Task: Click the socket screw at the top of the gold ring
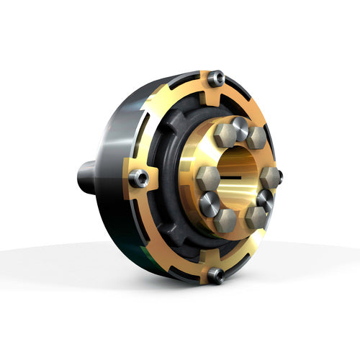(215, 78)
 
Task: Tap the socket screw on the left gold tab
(138, 178)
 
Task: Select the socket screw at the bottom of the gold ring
(215, 274)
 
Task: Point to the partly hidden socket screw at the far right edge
(279, 175)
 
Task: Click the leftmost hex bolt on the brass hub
(208, 176)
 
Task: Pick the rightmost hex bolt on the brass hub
(269, 177)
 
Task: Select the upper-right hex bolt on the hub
(256, 138)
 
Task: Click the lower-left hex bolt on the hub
(225, 220)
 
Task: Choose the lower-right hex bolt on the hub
(256, 217)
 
